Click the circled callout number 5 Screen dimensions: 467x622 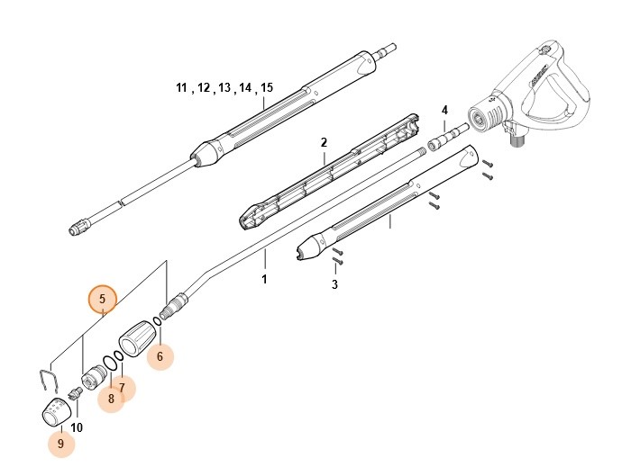102,298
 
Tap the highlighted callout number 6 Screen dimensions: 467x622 160,357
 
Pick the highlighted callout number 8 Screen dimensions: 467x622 110,399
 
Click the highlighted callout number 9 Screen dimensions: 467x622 60,443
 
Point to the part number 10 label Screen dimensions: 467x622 77,427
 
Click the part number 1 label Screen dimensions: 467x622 265,280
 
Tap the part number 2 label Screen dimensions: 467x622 323,142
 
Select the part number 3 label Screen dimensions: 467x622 334,284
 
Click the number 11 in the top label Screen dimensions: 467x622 181,88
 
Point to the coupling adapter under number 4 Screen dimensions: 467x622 443,140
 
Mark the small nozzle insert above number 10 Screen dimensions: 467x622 76,392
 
